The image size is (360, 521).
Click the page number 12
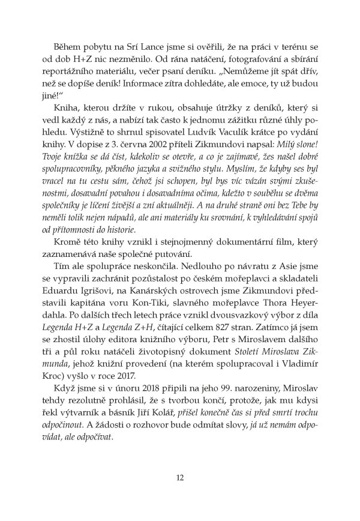(179, 478)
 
